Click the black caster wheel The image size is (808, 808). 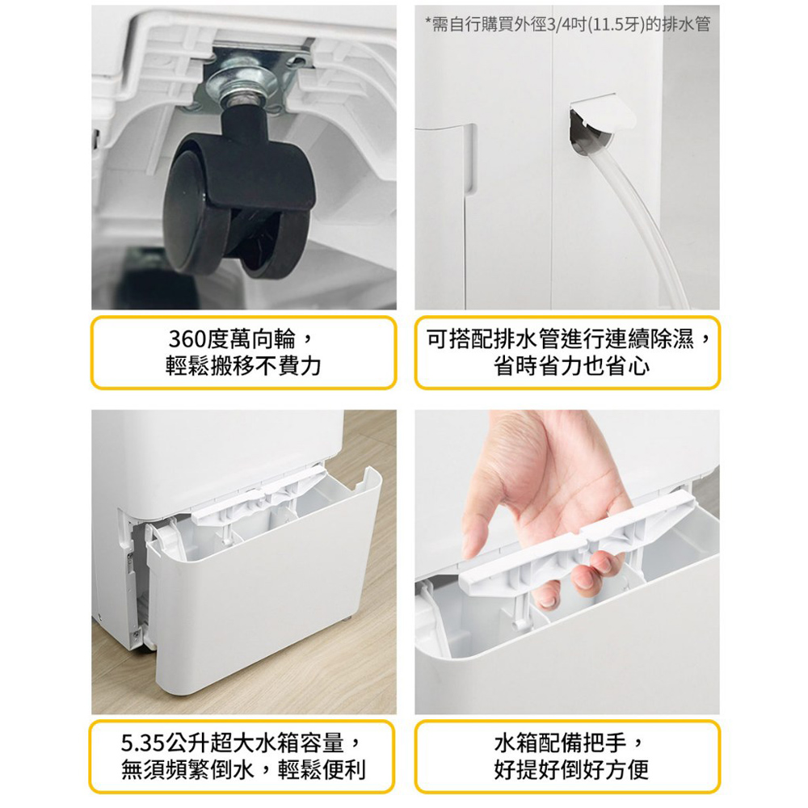click(238, 206)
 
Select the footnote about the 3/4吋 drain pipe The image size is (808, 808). click(567, 24)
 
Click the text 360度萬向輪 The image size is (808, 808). click(232, 339)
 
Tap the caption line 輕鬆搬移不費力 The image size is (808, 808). click(243, 366)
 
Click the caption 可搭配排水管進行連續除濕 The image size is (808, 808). click(560, 339)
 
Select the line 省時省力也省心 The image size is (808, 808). click(571, 366)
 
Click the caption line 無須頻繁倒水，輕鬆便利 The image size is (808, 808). click(243, 770)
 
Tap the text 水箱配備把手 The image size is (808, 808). click(560, 743)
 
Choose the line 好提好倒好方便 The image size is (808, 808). click(571, 770)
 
